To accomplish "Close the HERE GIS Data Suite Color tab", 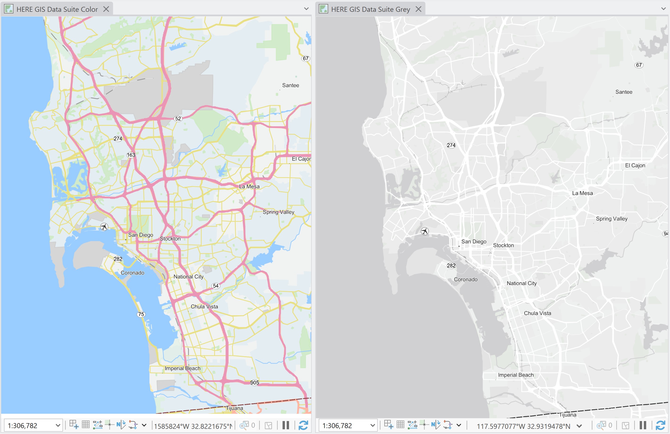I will [x=106, y=9].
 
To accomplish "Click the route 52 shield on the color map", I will [x=178, y=119].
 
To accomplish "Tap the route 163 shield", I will [x=131, y=155].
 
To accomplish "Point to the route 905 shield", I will [x=254, y=383].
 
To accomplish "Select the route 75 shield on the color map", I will [x=141, y=314].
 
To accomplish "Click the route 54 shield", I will [x=216, y=286].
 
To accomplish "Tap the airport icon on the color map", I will [x=104, y=227].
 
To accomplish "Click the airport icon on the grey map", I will [x=425, y=231].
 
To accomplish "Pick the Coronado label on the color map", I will [x=132, y=273].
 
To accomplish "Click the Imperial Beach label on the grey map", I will [x=516, y=375].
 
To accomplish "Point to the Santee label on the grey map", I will [x=624, y=92].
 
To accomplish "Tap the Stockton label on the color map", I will [x=170, y=238].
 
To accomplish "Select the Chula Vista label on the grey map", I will [x=538, y=313].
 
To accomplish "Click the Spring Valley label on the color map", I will [x=278, y=212].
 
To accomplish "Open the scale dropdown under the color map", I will [x=58, y=425].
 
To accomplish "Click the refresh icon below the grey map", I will [x=660, y=425].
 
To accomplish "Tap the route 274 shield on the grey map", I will [x=451, y=145].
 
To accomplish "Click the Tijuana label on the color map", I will [x=234, y=408].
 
